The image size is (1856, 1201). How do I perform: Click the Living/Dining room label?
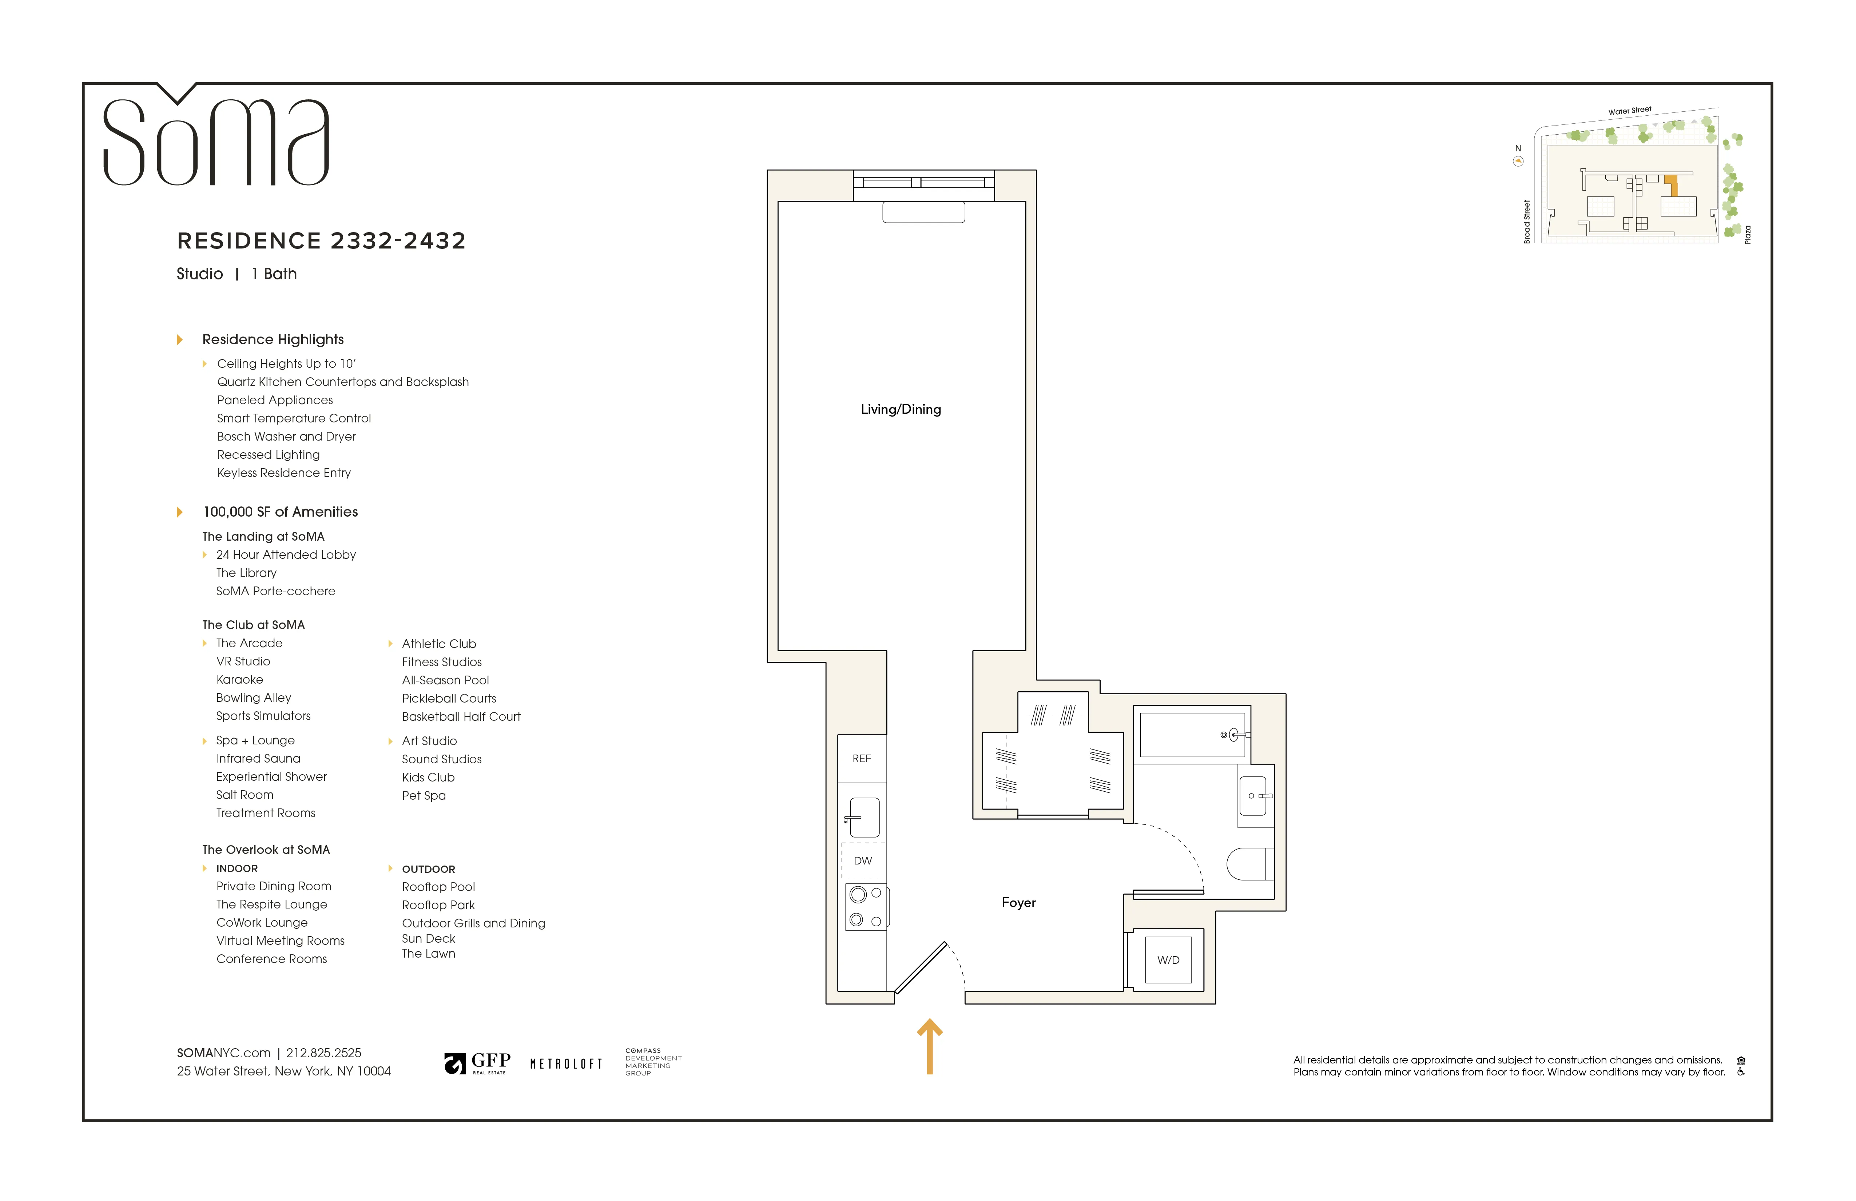(901, 409)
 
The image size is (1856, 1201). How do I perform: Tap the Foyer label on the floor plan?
(1018, 902)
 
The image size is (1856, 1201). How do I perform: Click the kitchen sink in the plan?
(864, 817)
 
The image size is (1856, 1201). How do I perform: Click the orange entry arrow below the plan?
(930, 1047)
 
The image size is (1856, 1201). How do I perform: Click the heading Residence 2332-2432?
(321, 241)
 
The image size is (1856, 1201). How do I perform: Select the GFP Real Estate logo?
(477, 1063)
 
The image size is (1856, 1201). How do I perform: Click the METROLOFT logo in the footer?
(566, 1064)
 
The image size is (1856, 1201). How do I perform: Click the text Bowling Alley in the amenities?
(254, 698)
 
